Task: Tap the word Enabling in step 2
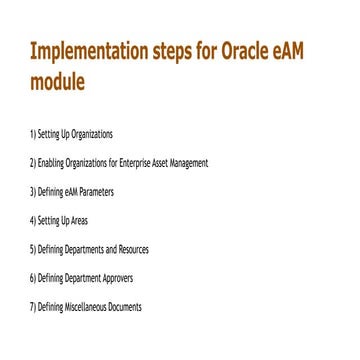coord(52,162)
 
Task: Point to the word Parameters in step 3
coord(96,191)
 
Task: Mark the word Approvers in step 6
coord(115,278)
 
